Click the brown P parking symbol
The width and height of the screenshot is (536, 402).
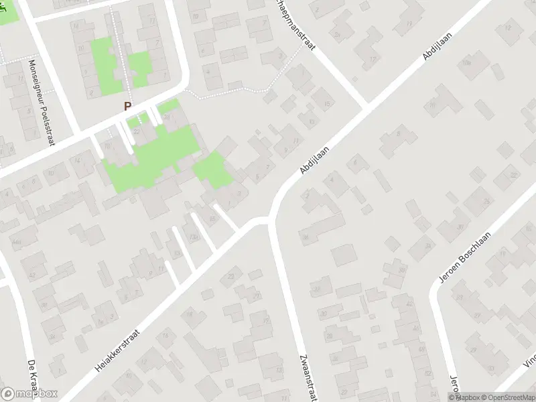(x=127, y=106)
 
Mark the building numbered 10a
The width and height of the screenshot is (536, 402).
(x=467, y=62)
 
